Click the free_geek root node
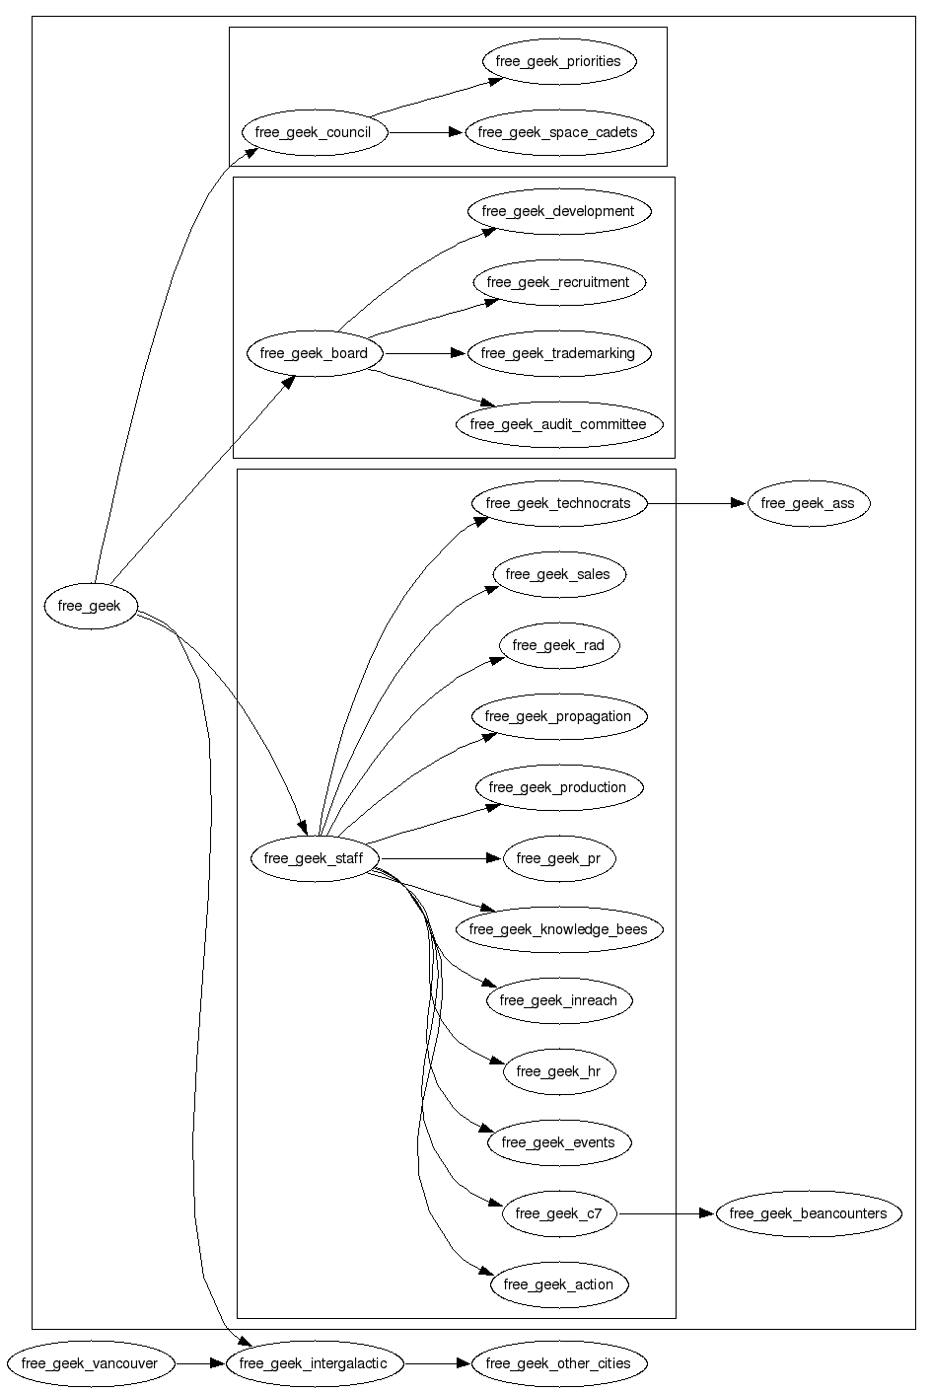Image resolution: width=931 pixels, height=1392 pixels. pyautogui.click(x=91, y=606)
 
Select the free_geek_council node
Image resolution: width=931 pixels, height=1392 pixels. pyautogui.click(x=313, y=132)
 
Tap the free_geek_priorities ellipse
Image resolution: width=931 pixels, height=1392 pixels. pyautogui.click(x=559, y=61)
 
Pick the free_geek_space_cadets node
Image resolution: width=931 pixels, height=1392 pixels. pyautogui.click(x=559, y=132)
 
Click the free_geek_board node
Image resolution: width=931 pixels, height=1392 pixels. pyautogui.click(x=315, y=353)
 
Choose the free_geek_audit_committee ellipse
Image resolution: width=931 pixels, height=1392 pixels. pyautogui.click(x=559, y=424)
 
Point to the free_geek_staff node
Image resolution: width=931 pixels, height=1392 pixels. pyautogui.click(x=315, y=858)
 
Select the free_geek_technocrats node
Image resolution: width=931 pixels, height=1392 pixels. pyautogui.click(x=559, y=503)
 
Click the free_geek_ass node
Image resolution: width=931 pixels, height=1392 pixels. pyautogui.click(x=808, y=503)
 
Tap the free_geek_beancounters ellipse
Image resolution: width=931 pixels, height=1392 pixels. pyautogui.click(x=809, y=1213)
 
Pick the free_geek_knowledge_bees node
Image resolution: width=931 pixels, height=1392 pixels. pyautogui.click(x=559, y=929)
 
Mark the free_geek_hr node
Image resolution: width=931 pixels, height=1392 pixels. pyautogui.click(x=559, y=1071)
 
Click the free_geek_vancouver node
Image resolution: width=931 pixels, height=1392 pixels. pyautogui.click(x=90, y=1364)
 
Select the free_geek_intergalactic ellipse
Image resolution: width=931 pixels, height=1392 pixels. pyautogui.click(x=314, y=1364)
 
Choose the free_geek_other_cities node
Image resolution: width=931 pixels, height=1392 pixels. pyautogui.click(x=559, y=1364)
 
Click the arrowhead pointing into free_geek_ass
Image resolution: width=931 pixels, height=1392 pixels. pyautogui.click(x=739, y=503)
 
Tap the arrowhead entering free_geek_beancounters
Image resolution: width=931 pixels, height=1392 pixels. pyautogui.click(x=707, y=1213)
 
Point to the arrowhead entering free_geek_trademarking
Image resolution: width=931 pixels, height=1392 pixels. pyautogui.click(x=459, y=353)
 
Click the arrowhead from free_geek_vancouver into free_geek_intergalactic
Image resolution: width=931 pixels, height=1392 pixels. pyautogui.click(x=217, y=1364)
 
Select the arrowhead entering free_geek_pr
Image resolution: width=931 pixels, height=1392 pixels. pyautogui.click(x=494, y=858)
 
